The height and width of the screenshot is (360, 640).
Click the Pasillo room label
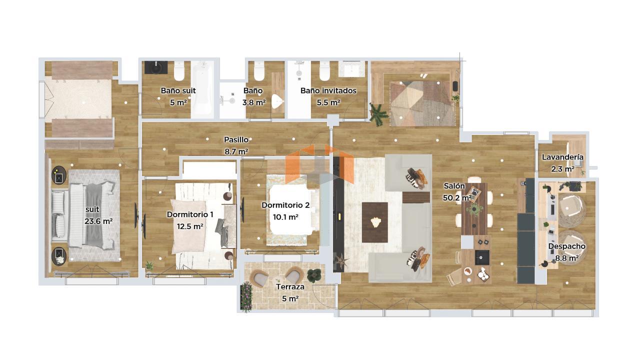[x=236, y=139]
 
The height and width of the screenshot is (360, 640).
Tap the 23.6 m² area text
[x=98, y=221]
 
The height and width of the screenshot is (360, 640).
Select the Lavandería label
[x=562, y=157]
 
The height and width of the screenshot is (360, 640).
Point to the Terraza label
[x=290, y=287]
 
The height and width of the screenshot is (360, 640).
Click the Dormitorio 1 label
[x=190, y=214]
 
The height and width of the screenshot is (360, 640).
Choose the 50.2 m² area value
[x=457, y=197]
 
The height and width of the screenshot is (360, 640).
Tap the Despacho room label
[x=567, y=246]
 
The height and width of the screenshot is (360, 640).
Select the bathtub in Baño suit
[x=202, y=89]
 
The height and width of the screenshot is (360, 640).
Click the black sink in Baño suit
[x=156, y=67]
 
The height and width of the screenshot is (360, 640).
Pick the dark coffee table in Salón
[x=375, y=222]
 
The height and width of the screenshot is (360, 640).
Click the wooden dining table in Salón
[x=474, y=208]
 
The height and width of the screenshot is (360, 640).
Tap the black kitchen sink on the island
[x=482, y=257]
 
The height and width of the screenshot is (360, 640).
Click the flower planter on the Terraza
[x=246, y=296]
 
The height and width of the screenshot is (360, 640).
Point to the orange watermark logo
[x=319, y=164]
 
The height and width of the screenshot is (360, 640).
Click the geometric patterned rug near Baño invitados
[x=422, y=103]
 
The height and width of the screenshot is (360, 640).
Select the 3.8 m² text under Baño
[x=254, y=102]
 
